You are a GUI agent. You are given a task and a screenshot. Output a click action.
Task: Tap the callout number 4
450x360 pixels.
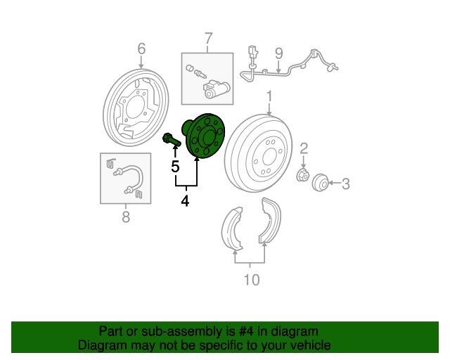[185, 201]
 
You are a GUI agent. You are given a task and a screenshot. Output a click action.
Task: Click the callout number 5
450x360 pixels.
[175, 167]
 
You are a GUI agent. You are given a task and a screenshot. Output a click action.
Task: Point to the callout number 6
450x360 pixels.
[141, 49]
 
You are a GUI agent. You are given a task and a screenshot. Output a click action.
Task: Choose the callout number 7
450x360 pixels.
[209, 39]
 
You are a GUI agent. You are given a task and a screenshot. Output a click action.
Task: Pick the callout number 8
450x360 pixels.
[126, 217]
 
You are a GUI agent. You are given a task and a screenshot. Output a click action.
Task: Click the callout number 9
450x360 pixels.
[278, 53]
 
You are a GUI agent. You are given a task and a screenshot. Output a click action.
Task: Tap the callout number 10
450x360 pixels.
[252, 280]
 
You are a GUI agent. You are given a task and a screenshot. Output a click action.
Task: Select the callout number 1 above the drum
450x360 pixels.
[269, 96]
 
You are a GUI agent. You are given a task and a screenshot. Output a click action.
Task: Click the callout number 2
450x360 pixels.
[304, 148]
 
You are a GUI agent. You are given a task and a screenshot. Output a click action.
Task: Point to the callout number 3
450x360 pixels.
[346, 184]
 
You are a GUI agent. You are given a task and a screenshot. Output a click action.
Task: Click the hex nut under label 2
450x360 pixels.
[303, 175]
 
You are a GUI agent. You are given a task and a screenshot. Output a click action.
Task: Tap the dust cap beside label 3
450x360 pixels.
[321, 183]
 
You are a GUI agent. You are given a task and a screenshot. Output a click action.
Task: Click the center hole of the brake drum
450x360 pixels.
[269, 157]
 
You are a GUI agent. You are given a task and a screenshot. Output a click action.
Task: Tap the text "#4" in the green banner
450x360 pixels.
[246, 332]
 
